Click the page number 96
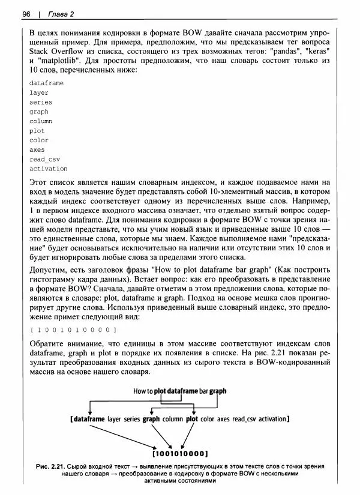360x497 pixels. click(26, 14)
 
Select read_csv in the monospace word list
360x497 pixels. click(40, 159)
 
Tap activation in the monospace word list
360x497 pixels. click(48, 169)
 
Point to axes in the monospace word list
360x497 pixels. click(37, 149)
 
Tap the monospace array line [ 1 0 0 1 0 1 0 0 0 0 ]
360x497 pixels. click(72, 330)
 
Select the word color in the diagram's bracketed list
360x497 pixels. click(208, 418)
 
